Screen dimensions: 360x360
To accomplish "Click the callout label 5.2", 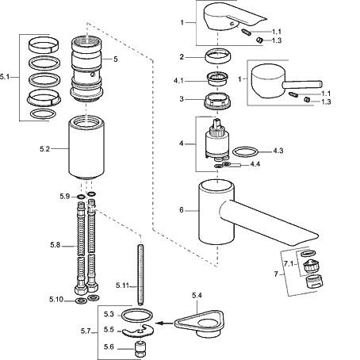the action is pyautogui.click(x=44, y=149).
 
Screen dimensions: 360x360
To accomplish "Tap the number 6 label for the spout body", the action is pyautogui.click(x=182, y=210).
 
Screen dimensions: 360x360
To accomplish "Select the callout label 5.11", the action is pyautogui.click(x=122, y=285).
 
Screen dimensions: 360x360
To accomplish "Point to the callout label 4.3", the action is pyautogui.click(x=278, y=151).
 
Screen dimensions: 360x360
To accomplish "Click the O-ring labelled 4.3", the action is pyautogui.click(x=244, y=152).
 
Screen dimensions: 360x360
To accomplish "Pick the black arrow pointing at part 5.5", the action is pyautogui.click(x=163, y=323).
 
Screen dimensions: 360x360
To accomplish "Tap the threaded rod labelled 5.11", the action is pyautogui.click(x=140, y=275).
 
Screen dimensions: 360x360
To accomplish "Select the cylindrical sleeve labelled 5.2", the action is pyautogui.click(x=86, y=147).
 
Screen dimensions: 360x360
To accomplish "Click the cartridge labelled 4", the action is pyautogui.click(x=216, y=140).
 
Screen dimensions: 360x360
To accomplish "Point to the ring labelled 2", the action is pyautogui.click(x=218, y=56).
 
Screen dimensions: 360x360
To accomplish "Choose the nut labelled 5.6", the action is pyautogui.click(x=140, y=349).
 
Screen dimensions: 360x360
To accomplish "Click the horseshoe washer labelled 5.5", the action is pyautogui.click(x=138, y=331).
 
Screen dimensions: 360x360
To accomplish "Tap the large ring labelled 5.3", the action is pyautogui.click(x=137, y=316).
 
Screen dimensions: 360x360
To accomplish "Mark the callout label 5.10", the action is pyautogui.click(x=56, y=300).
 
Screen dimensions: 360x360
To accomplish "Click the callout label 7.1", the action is pyautogui.click(x=289, y=264).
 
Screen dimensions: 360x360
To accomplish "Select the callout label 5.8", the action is pyautogui.click(x=56, y=245).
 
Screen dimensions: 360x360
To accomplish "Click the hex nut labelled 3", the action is pyautogui.click(x=218, y=100).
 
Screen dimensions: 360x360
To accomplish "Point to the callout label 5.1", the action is pyautogui.click(x=5, y=77).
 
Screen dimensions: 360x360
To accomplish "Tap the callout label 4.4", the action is pyautogui.click(x=255, y=164).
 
